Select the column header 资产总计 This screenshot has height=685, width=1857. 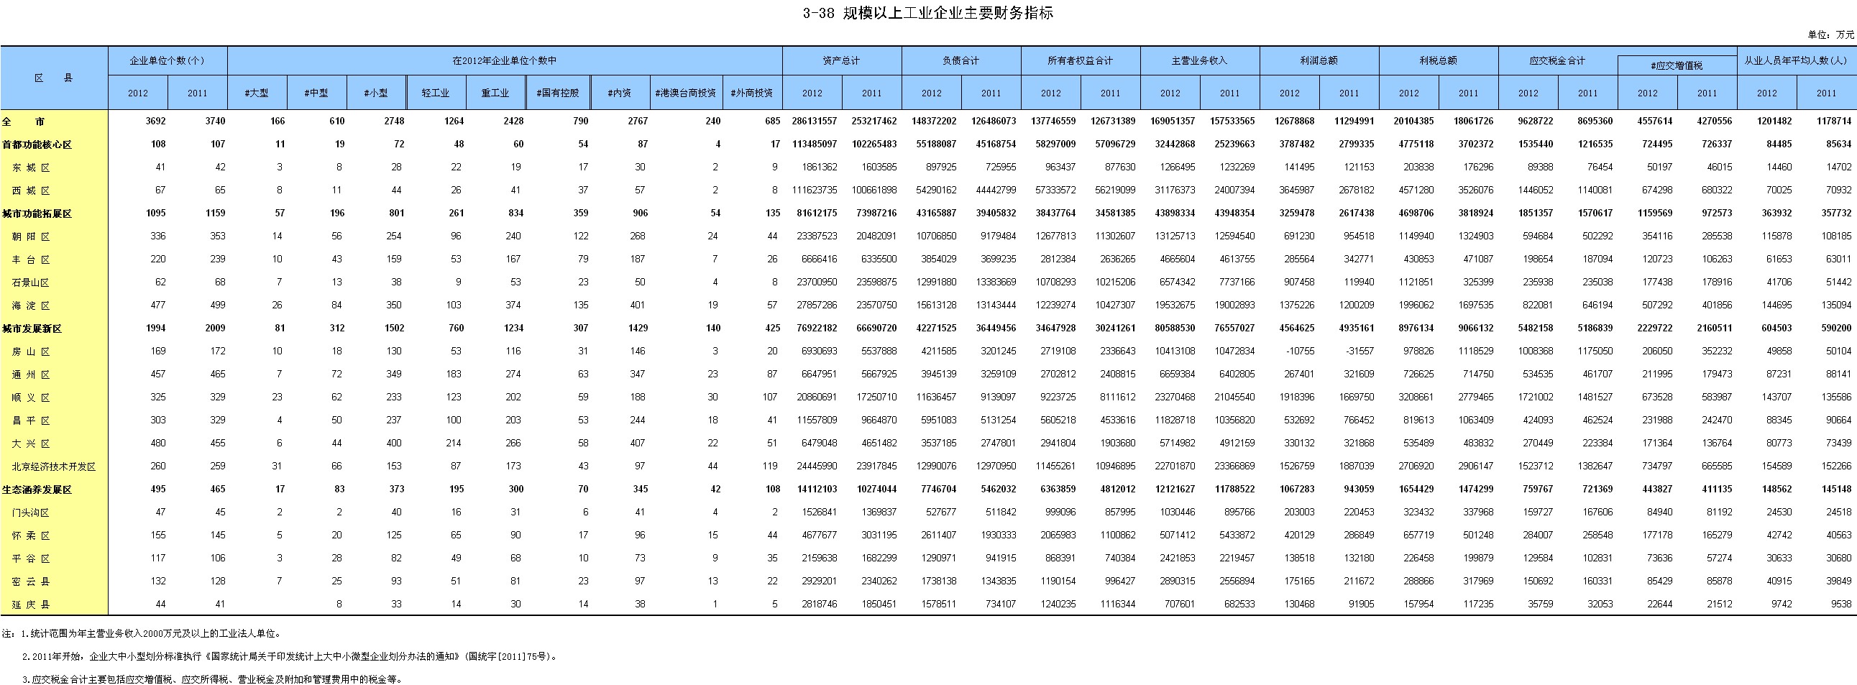pyautogui.click(x=841, y=60)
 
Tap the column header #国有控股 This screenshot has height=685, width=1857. pyautogui.click(x=558, y=93)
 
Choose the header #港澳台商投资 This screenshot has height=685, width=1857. pyautogui.click(x=685, y=93)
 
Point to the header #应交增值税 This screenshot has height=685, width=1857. pyautogui.click(x=1677, y=65)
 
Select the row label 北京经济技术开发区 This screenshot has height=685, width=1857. pyautogui.click(x=54, y=466)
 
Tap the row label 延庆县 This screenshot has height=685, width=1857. pyautogui.click(x=31, y=604)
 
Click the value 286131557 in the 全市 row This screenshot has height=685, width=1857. pyautogui.click(x=815, y=121)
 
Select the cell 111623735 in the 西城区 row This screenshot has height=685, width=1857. pyautogui.click(x=815, y=190)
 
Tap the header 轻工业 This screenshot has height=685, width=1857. pyautogui.click(x=435, y=93)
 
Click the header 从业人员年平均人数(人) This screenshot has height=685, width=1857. pyautogui.click(x=1795, y=60)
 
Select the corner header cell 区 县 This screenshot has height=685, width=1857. pyautogui.click(x=54, y=78)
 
